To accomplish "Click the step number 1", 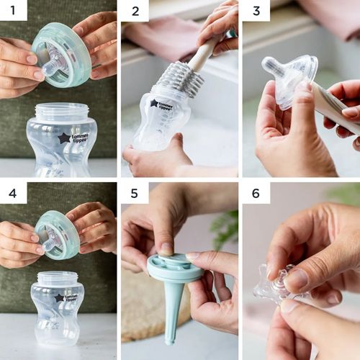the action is [x=13, y=10].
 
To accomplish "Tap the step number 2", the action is [x=135, y=12].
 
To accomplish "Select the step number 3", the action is [x=256, y=11].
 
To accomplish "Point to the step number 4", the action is [x=13, y=194].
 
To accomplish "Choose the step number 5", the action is [x=135, y=194].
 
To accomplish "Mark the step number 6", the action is [x=256, y=194].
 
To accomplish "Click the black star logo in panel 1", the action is [x=64, y=138].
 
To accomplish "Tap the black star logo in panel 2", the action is [x=154, y=103].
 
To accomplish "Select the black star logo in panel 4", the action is [x=59, y=298].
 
